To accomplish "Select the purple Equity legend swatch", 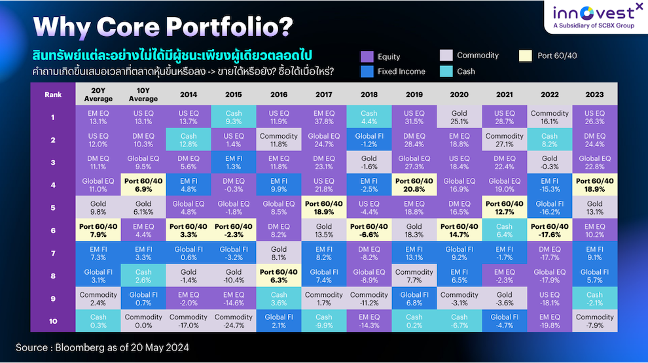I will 367,56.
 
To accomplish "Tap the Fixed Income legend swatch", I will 367,71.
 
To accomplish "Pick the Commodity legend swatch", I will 446,56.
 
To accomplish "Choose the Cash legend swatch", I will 446,71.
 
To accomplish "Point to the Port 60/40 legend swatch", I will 526,56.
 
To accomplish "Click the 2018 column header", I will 369,95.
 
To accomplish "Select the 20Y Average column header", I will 98,95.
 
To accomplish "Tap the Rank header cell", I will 53,95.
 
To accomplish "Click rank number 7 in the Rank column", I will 53,253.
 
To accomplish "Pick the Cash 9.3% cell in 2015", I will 234,117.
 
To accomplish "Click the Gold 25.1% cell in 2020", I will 459,117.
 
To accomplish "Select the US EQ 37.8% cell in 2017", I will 324,117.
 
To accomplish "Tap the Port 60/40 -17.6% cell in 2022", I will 550,230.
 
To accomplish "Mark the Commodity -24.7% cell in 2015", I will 234,320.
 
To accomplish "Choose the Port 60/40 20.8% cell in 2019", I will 414,185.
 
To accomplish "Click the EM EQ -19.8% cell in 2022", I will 550,320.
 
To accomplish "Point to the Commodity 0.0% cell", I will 143,320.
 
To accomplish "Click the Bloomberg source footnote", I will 102,347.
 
